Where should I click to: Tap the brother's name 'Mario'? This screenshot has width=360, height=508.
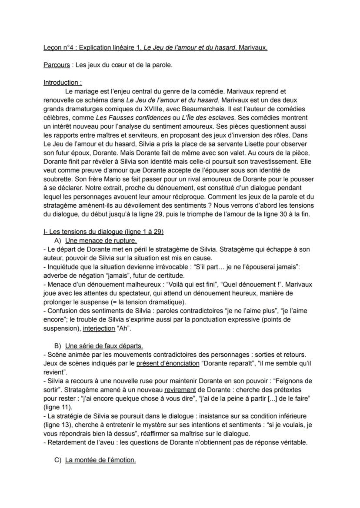click(101, 179)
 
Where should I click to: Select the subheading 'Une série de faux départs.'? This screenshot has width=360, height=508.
click(104, 346)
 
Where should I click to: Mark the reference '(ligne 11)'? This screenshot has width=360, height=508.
click(59, 407)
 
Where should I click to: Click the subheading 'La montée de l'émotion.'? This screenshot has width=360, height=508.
click(100, 460)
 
